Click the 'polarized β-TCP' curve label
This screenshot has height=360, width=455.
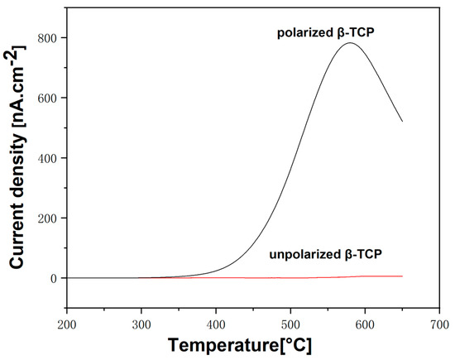pos(326,32)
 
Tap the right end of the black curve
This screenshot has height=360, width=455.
pos(402,122)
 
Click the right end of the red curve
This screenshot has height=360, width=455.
pos(402,276)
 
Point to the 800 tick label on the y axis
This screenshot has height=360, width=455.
pos(50,38)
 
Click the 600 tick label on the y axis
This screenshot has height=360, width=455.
pos(50,98)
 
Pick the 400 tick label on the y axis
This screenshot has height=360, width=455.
pos(50,158)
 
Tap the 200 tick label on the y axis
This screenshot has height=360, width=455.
pos(50,218)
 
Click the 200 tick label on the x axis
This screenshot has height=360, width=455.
pos(67,325)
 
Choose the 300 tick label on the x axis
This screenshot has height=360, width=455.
pos(141,325)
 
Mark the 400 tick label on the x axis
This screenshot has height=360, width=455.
pos(217,325)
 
